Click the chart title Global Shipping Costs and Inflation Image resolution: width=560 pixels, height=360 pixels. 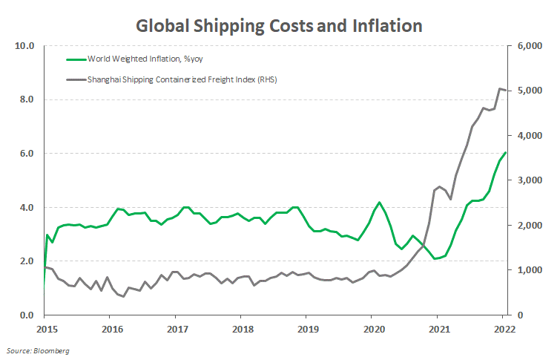(279, 25)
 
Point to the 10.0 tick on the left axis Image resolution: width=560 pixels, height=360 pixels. (26, 46)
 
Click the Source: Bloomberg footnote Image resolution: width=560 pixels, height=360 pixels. (37, 349)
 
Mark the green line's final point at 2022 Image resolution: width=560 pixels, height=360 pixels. (505, 153)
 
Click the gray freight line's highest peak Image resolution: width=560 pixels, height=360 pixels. (498, 88)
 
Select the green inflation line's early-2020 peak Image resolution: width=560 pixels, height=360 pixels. (379, 202)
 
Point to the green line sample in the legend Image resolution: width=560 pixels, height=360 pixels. (76, 58)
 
